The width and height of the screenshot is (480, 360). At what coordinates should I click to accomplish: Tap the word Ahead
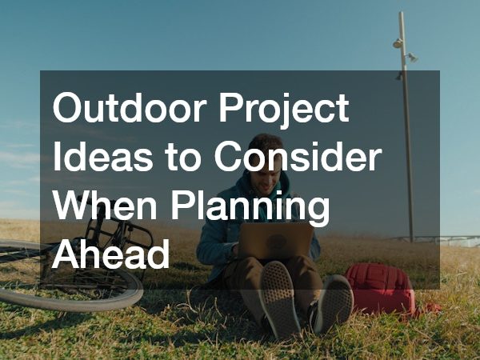[x=111, y=255]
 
